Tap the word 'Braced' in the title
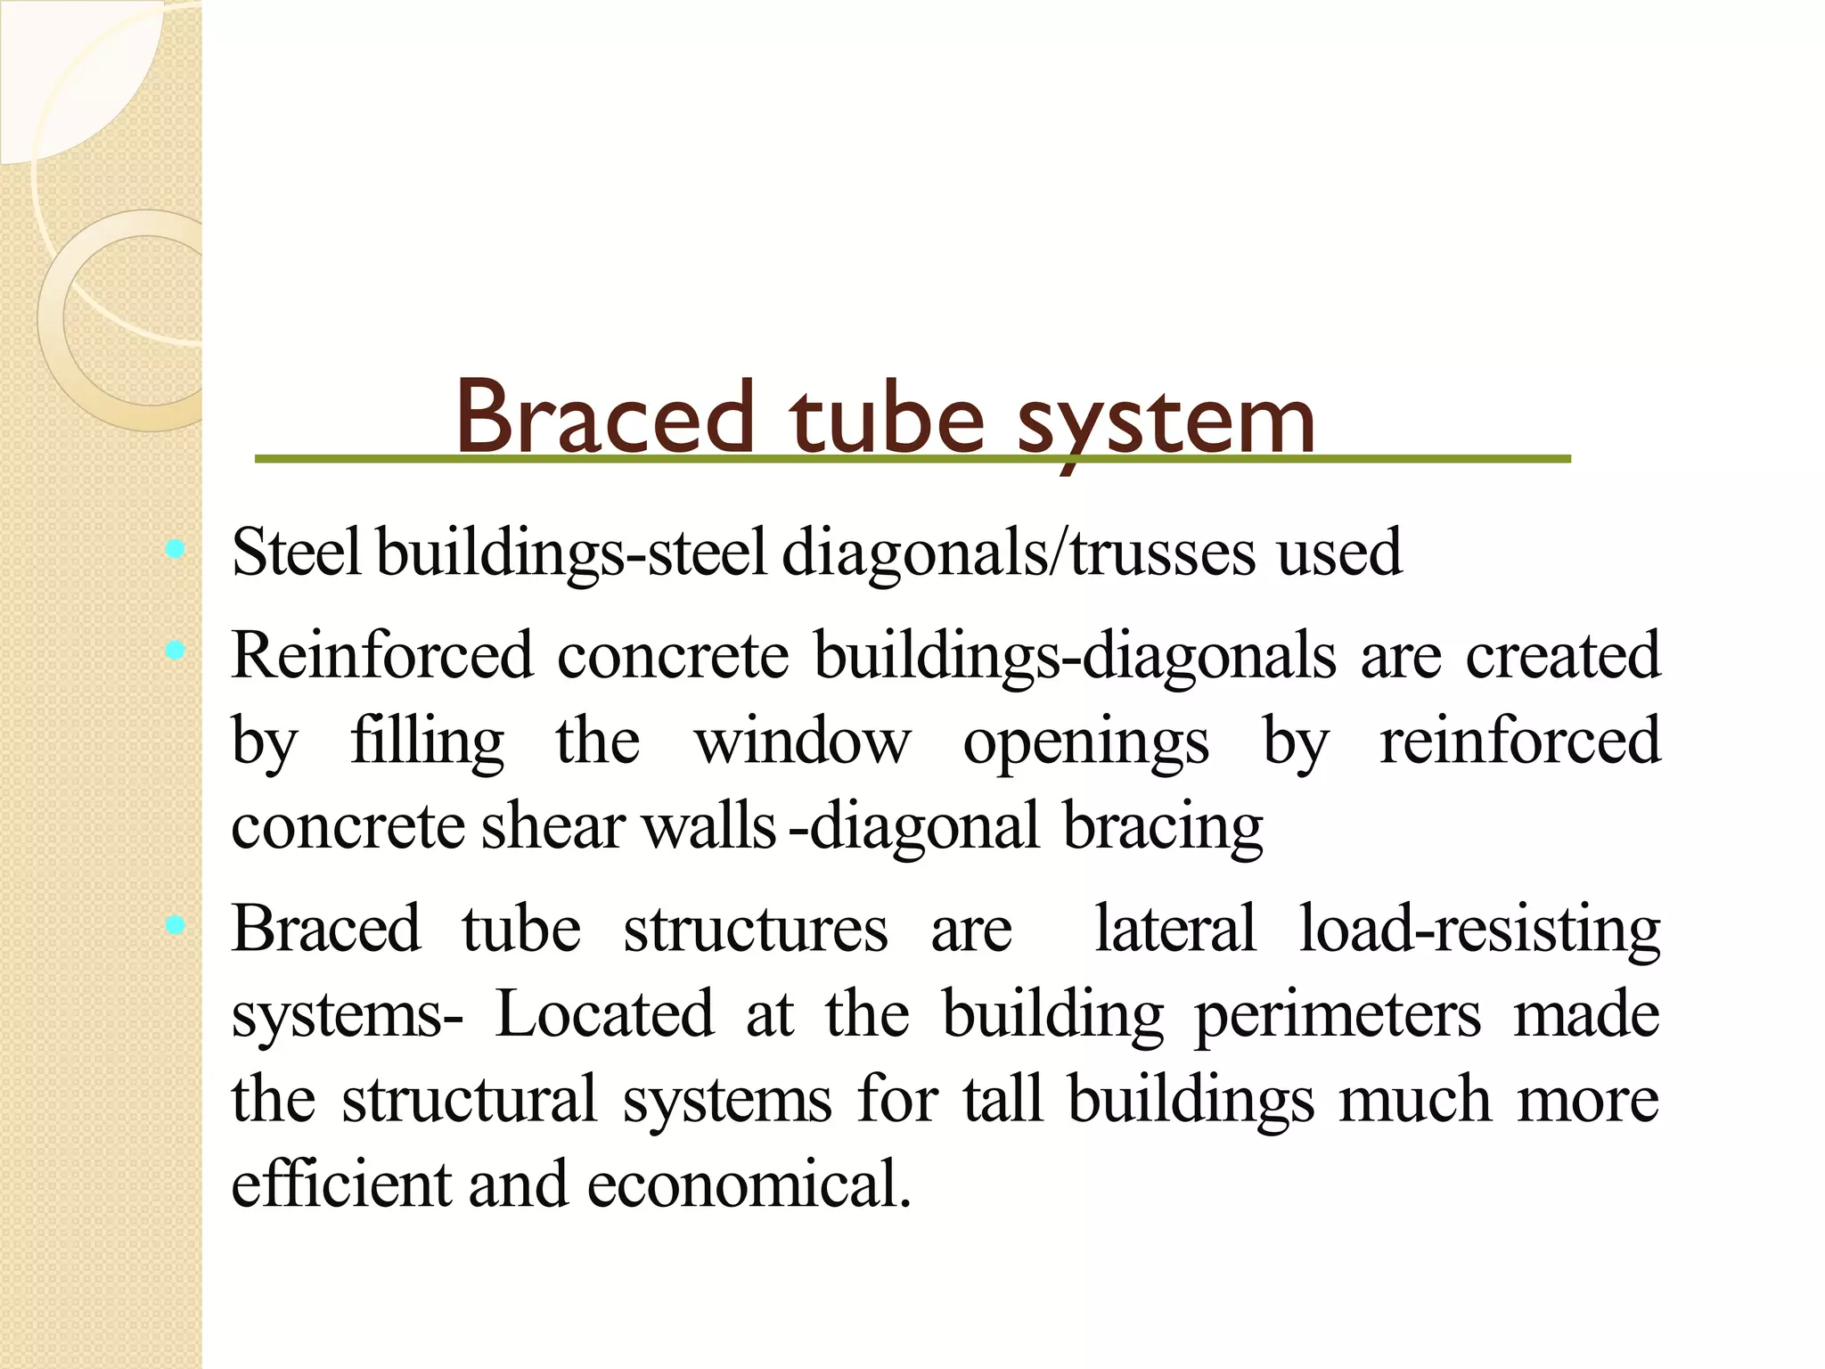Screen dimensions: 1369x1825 tap(605, 417)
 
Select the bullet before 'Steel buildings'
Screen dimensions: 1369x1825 tap(176, 550)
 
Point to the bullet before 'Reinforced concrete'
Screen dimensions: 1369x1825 tap(176, 652)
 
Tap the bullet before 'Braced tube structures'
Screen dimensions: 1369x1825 tap(176, 925)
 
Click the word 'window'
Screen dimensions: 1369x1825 tap(802, 742)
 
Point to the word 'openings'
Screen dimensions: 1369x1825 tap(1085, 743)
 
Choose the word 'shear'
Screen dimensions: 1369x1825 tap(553, 827)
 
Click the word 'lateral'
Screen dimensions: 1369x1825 tap(1175, 929)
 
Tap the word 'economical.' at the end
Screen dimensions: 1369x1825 tap(749, 1185)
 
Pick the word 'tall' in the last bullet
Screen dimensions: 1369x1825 tap(1002, 1100)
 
